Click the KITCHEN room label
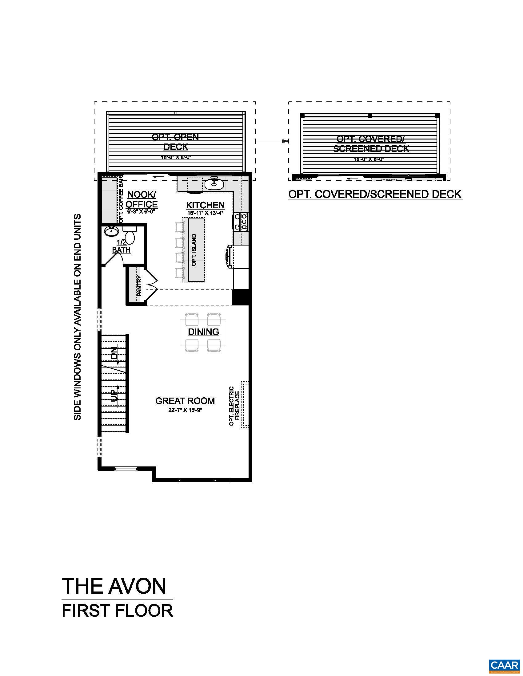[205, 205]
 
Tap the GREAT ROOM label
[185, 401]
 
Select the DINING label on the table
[204, 332]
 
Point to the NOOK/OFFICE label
[142, 199]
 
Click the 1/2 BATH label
[121, 246]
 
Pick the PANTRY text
[139, 286]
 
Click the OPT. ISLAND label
[194, 250]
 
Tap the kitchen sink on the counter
[214, 184]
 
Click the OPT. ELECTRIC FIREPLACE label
[234, 406]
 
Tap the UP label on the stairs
[115, 394]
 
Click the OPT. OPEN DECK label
[175, 141]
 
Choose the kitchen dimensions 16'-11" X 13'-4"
[205, 213]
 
